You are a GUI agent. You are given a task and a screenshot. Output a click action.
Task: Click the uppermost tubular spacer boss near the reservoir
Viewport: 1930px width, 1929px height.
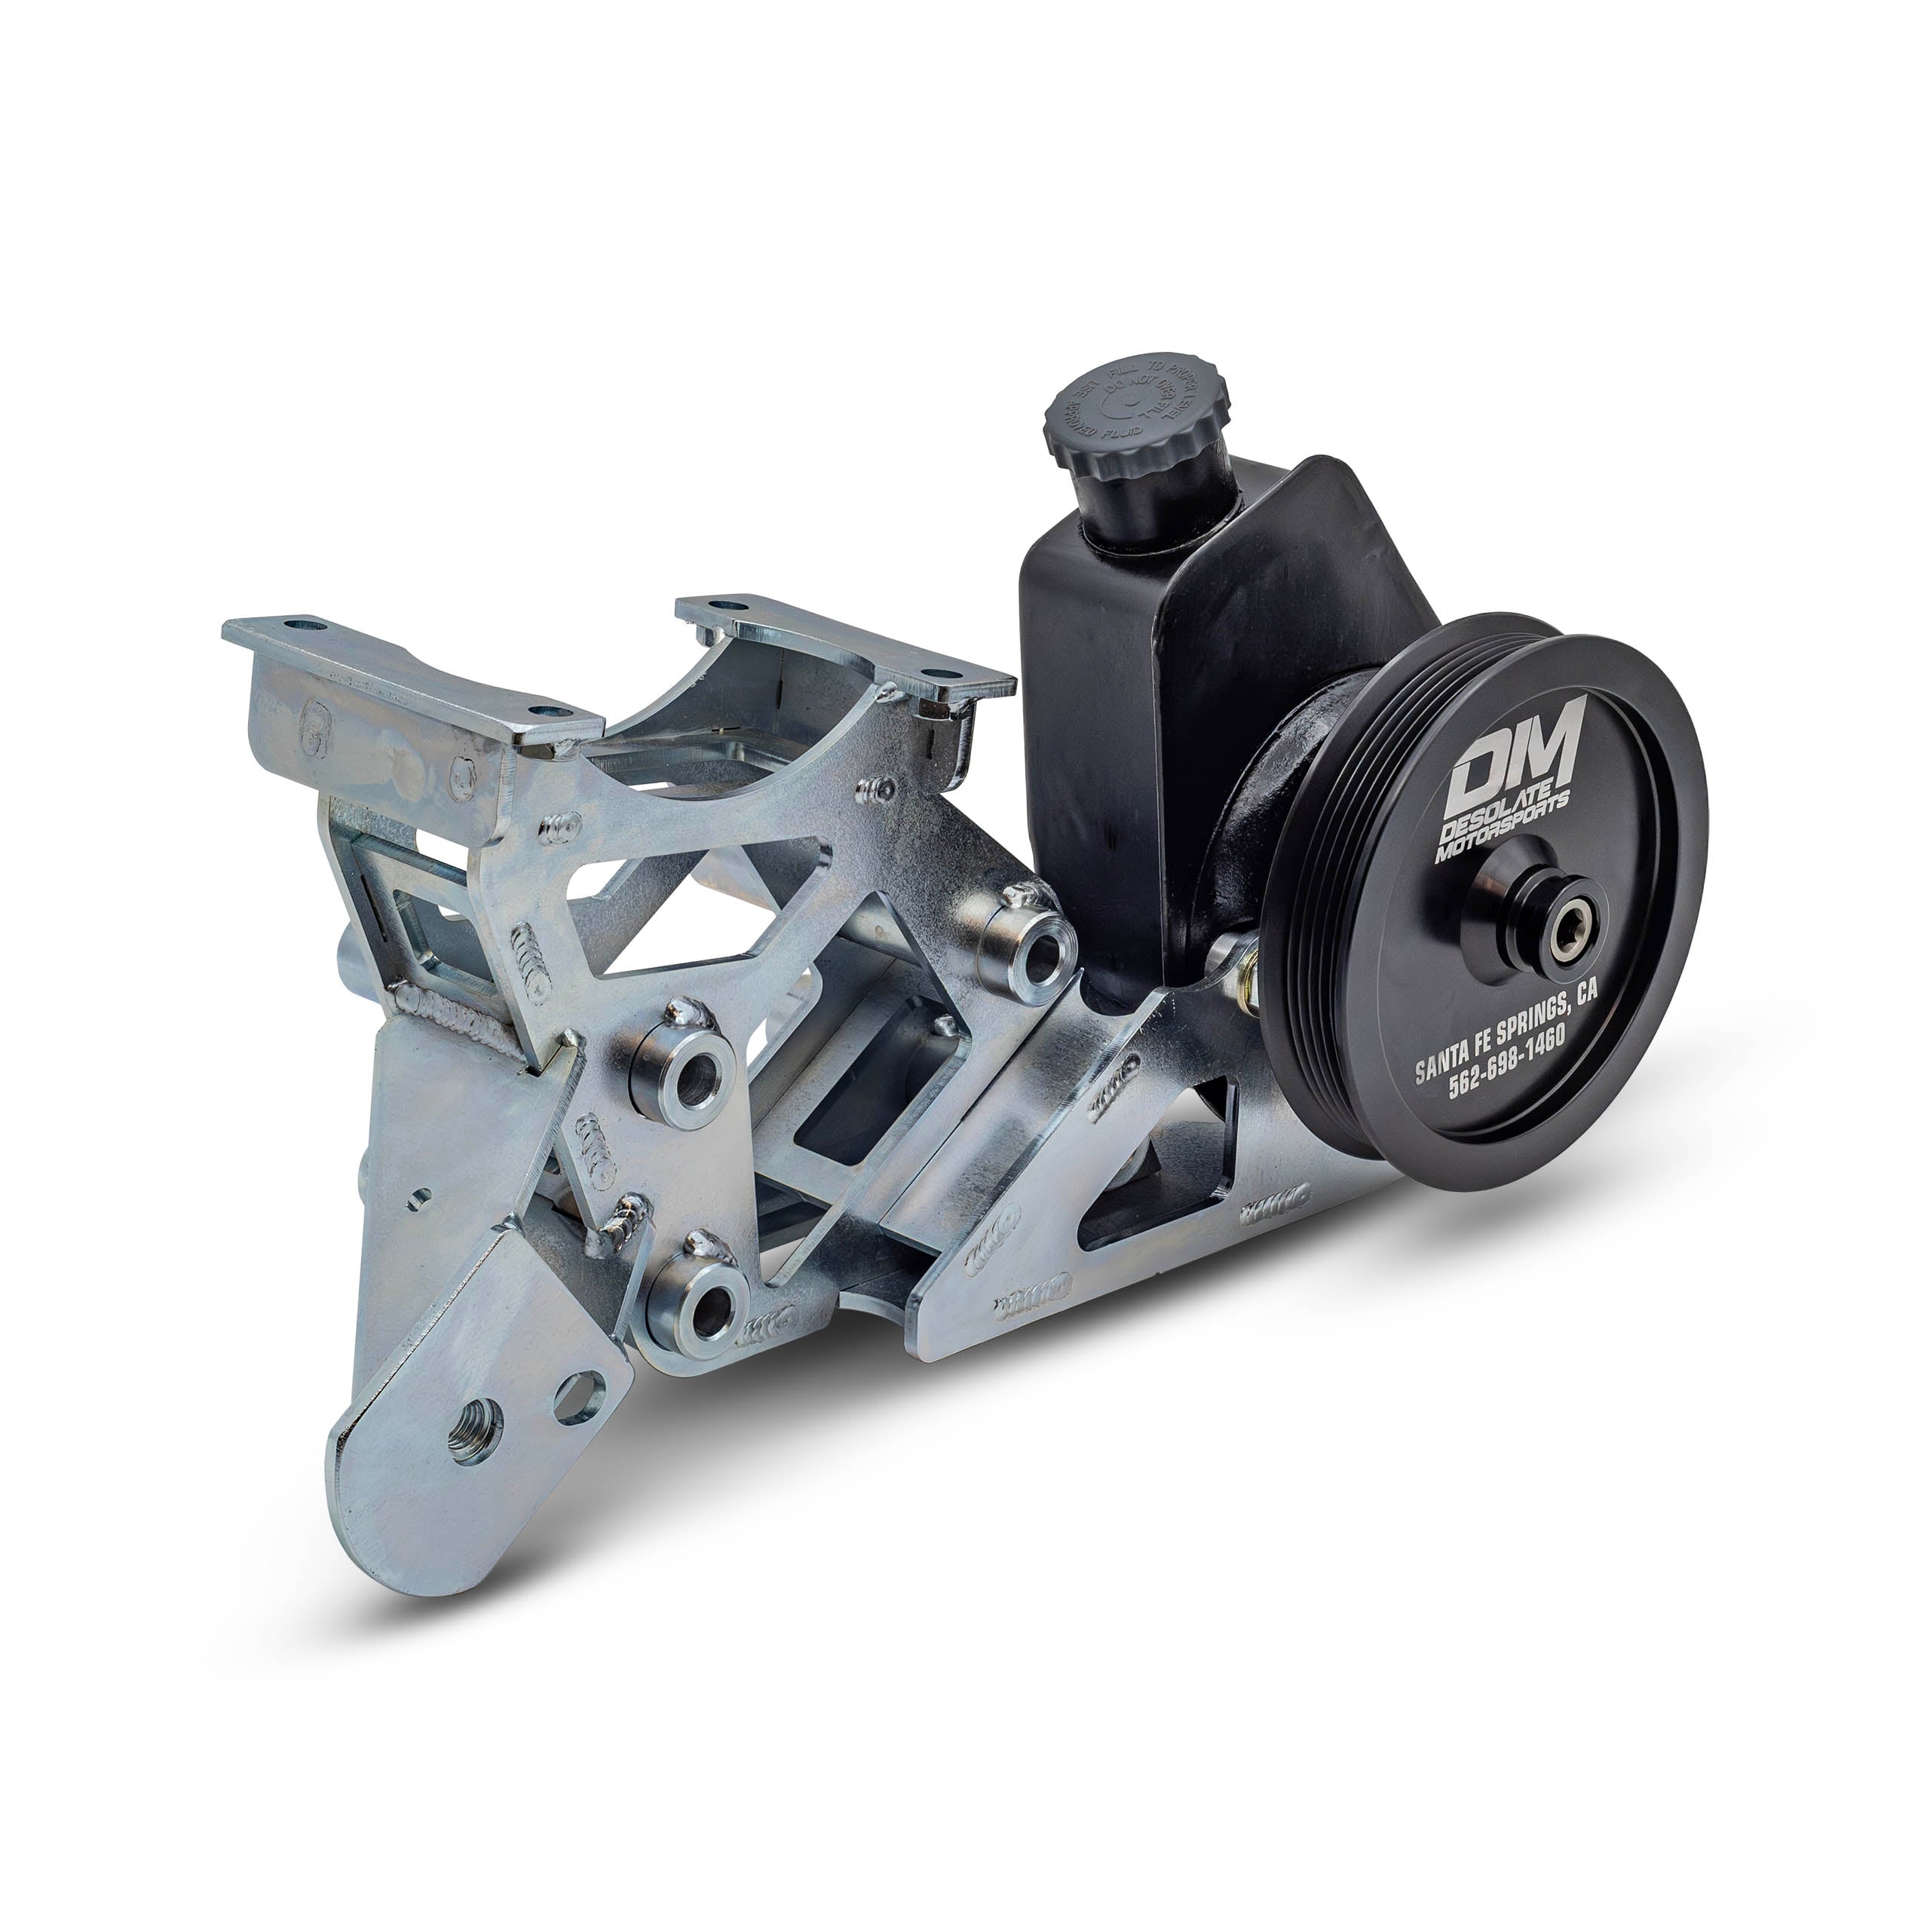pos(1030,943)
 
